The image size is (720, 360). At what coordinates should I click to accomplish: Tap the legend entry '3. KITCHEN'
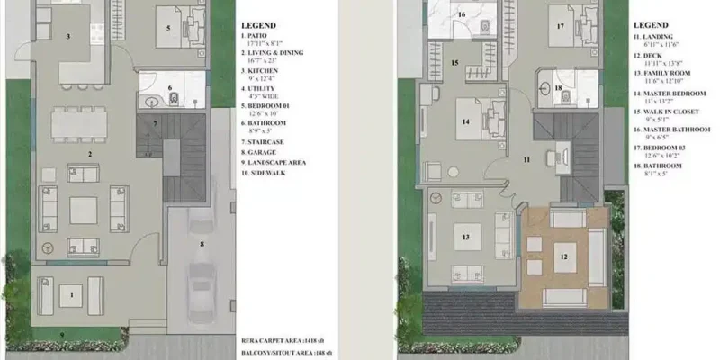[262, 70]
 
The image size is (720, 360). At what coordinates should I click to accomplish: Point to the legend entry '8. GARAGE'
[260, 151]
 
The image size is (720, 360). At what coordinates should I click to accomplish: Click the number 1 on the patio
[70, 293]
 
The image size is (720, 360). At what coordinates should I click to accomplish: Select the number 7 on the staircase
[155, 123]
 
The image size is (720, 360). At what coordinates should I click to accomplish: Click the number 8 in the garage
[202, 243]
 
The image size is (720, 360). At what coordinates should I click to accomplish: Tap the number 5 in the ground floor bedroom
[167, 28]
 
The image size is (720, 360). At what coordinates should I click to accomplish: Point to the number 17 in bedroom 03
[560, 27]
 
